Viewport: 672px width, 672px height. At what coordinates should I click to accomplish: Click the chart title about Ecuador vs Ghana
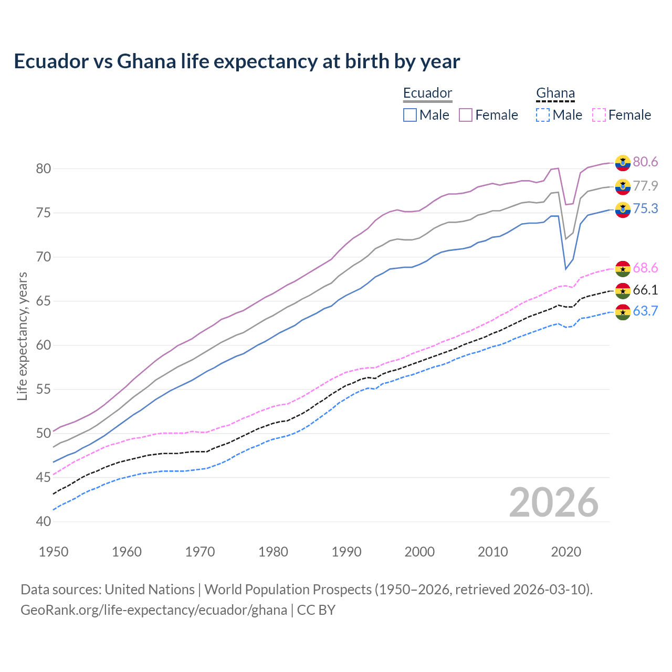tap(237, 61)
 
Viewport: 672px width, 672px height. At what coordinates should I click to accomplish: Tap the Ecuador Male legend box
tap(410, 115)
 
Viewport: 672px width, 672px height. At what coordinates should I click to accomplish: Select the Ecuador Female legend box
tap(466, 115)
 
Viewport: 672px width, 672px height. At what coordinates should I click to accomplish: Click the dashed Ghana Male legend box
tap(543, 115)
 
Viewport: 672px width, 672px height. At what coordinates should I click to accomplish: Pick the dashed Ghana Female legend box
tap(598, 115)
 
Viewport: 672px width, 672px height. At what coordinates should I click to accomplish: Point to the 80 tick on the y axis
tap(44, 169)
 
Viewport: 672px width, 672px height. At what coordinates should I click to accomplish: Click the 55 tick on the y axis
tap(44, 389)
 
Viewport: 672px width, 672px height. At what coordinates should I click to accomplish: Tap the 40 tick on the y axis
tap(44, 521)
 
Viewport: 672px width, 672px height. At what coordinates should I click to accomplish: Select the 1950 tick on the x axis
tap(54, 552)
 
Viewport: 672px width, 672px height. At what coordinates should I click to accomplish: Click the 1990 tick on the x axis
tap(346, 552)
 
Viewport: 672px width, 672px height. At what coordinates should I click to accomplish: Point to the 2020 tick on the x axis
tap(566, 552)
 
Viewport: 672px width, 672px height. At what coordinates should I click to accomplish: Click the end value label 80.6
tap(645, 162)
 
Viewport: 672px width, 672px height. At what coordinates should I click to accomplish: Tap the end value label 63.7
tap(645, 311)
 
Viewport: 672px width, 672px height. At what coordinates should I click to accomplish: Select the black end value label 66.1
tap(645, 290)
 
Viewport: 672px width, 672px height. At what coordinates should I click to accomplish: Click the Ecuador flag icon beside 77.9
tap(623, 186)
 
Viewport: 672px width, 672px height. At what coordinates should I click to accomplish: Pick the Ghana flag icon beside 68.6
tap(623, 268)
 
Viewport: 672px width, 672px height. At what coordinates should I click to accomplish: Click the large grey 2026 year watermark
tap(554, 502)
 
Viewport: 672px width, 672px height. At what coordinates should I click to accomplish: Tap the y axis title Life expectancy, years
tap(22, 336)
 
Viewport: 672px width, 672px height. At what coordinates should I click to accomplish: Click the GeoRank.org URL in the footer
tap(154, 610)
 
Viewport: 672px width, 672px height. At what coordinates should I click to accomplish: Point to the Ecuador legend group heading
tap(427, 93)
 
